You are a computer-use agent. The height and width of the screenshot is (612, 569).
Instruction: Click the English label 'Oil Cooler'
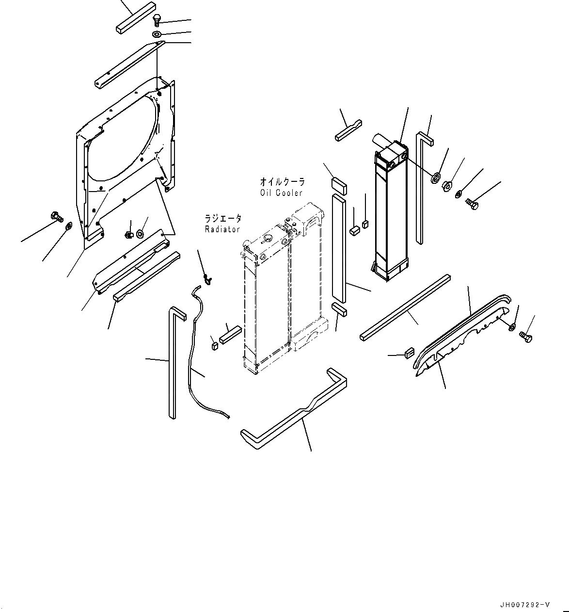[281, 193]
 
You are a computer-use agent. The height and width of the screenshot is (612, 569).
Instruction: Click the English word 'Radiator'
[222, 229]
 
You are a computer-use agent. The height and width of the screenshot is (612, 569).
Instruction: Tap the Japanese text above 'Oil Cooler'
[283, 182]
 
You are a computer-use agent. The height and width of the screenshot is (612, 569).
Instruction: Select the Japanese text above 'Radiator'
[223, 219]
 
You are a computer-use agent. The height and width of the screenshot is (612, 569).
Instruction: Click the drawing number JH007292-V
[526, 605]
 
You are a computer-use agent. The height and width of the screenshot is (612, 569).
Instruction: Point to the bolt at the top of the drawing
[157, 20]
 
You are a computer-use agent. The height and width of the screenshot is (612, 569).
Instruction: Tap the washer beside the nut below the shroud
[140, 234]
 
